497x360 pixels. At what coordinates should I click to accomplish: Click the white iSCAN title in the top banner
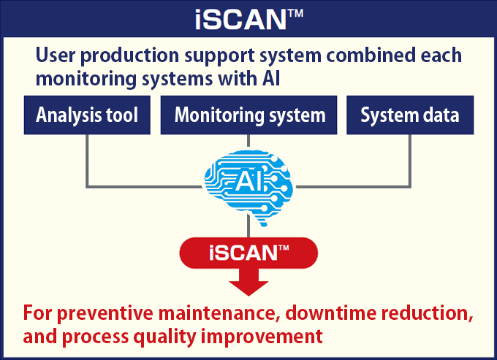[x=249, y=19]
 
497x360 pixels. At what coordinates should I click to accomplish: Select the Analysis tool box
[x=87, y=115]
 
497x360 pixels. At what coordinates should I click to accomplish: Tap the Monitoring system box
[x=248, y=115]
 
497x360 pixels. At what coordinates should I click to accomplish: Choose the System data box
[x=410, y=115]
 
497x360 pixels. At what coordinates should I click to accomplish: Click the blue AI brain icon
[x=248, y=187]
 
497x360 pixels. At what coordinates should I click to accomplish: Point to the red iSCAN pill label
[x=248, y=253]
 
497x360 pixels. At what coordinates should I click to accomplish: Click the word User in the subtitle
[x=56, y=55]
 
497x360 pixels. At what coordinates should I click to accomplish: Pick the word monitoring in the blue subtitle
[x=86, y=79]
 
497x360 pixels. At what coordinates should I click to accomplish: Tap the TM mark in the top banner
[x=295, y=13]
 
